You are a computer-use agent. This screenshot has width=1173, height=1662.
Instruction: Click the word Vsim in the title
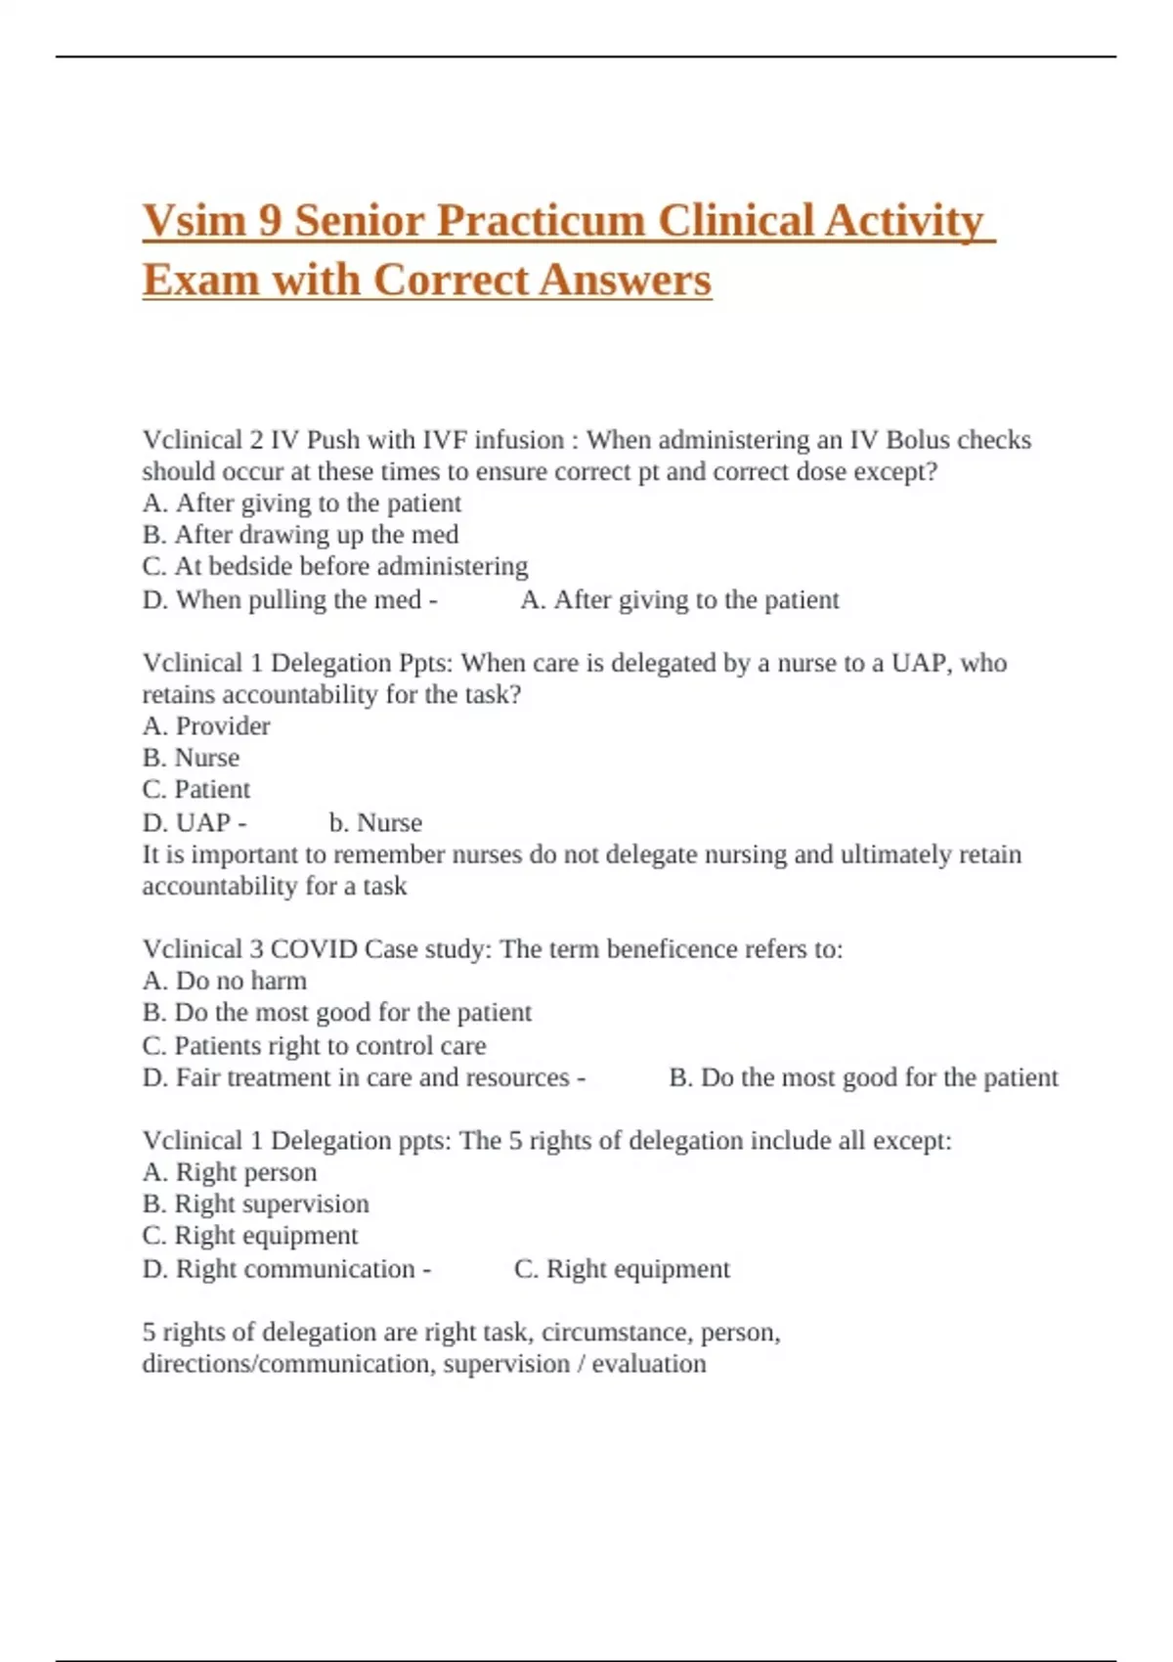(194, 221)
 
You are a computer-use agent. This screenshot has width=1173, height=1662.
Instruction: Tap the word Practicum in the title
(541, 221)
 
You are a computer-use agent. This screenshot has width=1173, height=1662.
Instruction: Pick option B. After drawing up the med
(300, 535)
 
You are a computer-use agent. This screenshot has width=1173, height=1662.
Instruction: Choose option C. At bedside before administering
(334, 567)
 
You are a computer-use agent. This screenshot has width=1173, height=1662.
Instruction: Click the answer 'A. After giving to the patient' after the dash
(679, 600)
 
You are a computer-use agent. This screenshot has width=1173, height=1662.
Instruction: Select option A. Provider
(206, 726)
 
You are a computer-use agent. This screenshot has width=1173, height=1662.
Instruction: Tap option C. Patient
(196, 789)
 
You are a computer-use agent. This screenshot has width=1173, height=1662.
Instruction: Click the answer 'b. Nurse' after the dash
(375, 823)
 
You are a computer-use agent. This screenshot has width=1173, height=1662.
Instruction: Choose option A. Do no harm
(225, 981)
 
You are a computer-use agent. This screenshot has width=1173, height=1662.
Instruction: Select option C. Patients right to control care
(314, 1046)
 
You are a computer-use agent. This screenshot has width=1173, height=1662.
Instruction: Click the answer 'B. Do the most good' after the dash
(863, 1077)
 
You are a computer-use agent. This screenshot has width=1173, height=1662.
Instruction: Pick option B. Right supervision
(256, 1203)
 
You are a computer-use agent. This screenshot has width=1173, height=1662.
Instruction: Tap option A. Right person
(230, 1172)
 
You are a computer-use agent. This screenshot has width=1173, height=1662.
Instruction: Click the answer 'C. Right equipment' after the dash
(622, 1269)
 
